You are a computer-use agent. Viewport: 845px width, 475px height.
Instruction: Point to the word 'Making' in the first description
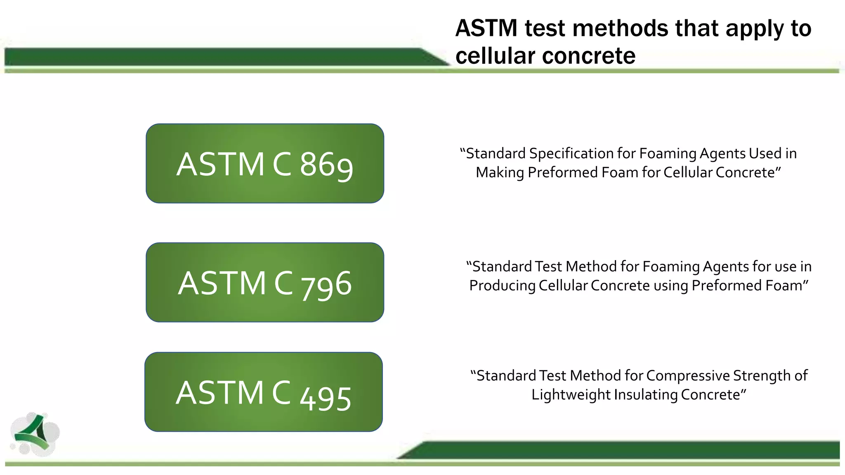[500, 172]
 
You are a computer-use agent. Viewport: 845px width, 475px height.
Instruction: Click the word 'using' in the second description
[671, 285]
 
